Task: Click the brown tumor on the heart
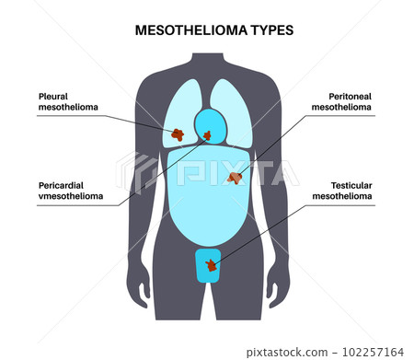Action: (x=207, y=137)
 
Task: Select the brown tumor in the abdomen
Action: (x=236, y=177)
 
